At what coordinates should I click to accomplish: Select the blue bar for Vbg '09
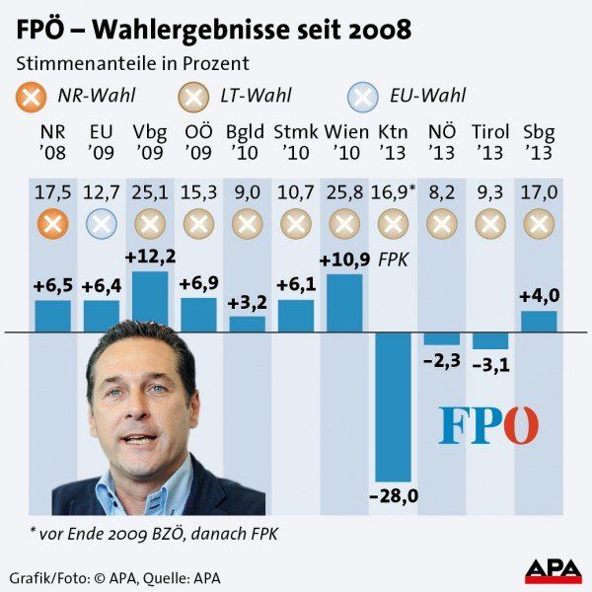150,302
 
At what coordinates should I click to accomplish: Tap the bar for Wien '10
344,303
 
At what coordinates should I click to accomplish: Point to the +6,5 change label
53,285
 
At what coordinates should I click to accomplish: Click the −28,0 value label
393,495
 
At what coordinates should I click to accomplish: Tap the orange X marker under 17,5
53,224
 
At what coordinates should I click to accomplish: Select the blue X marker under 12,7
102,224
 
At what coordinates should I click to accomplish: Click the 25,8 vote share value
344,191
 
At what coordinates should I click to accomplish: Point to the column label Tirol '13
490,142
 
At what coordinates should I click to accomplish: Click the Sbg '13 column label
539,142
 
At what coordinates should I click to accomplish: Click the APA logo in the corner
552,570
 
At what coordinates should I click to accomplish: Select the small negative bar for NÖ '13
441,338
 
